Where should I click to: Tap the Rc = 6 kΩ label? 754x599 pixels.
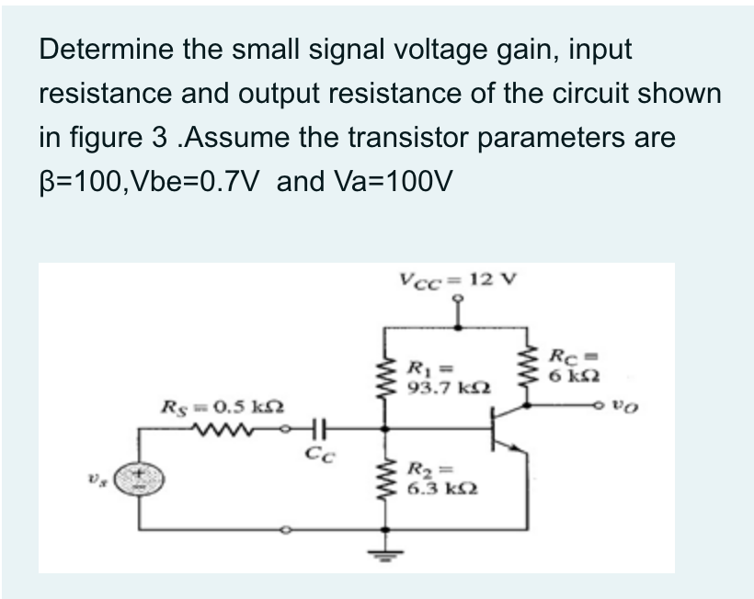[575, 366]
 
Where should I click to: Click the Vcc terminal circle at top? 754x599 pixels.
[457, 299]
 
